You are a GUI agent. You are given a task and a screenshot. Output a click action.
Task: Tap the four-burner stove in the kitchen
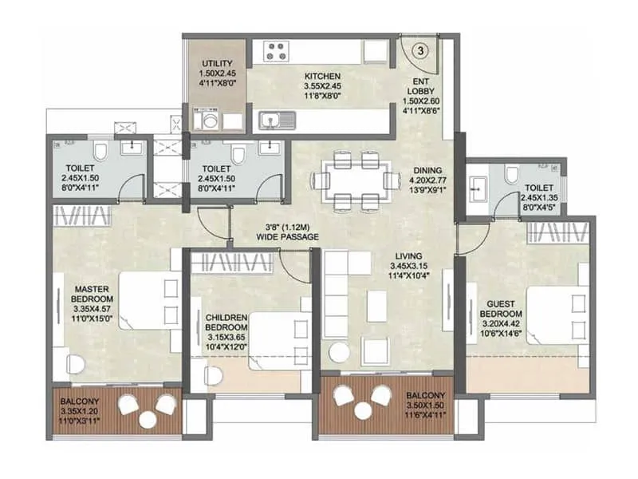277,51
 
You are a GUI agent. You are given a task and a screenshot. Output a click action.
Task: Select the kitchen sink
277,120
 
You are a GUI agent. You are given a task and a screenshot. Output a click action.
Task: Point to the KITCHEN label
321,77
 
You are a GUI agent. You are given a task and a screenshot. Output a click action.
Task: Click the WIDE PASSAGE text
288,238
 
